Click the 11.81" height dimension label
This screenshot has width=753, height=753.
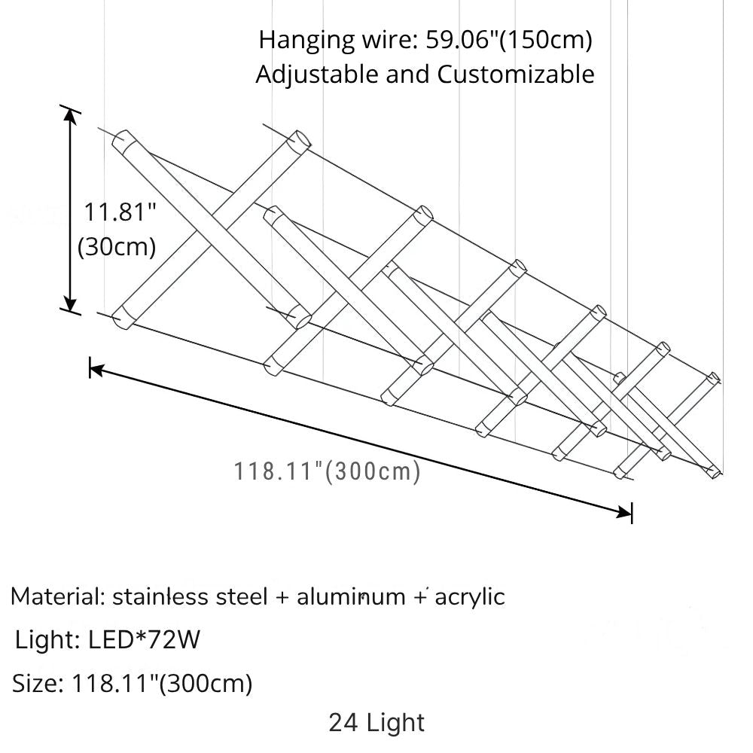click(118, 213)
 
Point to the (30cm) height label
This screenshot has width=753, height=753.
click(117, 246)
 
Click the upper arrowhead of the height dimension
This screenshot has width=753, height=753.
click(71, 114)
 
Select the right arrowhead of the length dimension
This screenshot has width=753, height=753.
click(625, 513)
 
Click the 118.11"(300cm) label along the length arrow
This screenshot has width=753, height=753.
click(326, 472)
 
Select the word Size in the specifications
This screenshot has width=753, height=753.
click(36, 684)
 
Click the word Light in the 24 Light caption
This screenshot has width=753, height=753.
click(396, 724)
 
